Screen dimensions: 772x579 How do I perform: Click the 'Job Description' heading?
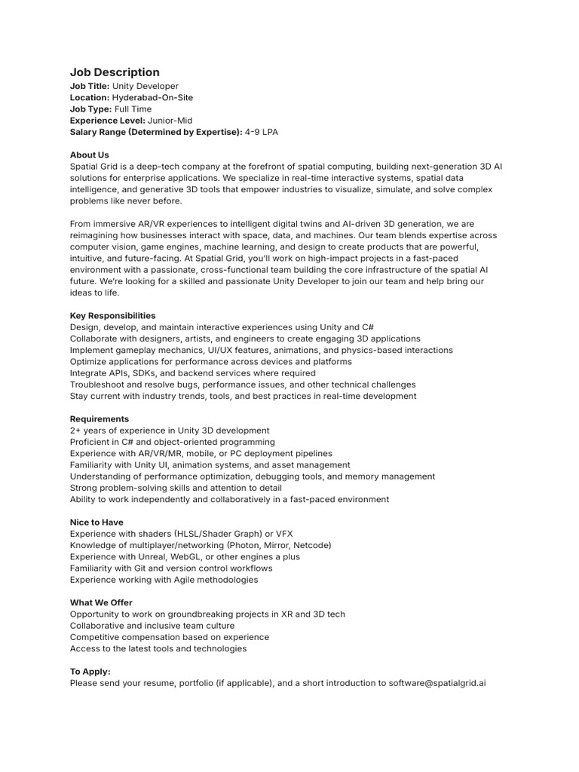click(x=115, y=72)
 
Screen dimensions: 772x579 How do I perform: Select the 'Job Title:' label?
click(x=90, y=87)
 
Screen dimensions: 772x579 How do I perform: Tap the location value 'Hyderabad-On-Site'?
click(x=153, y=98)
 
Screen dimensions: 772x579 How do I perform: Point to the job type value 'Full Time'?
click(x=132, y=109)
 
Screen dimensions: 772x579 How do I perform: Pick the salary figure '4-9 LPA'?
click(x=262, y=132)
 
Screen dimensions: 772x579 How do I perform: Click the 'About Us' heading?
click(x=90, y=155)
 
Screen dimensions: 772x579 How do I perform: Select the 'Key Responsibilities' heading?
click(x=112, y=316)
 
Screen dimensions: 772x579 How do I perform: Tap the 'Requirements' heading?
click(x=100, y=419)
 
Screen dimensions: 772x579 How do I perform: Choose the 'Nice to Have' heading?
click(x=96, y=522)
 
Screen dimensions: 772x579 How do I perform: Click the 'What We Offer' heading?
click(x=101, y=602)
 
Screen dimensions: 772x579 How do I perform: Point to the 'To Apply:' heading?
click(x=90, y=672)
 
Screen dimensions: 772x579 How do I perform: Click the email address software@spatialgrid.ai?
click(x=437, y=683)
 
